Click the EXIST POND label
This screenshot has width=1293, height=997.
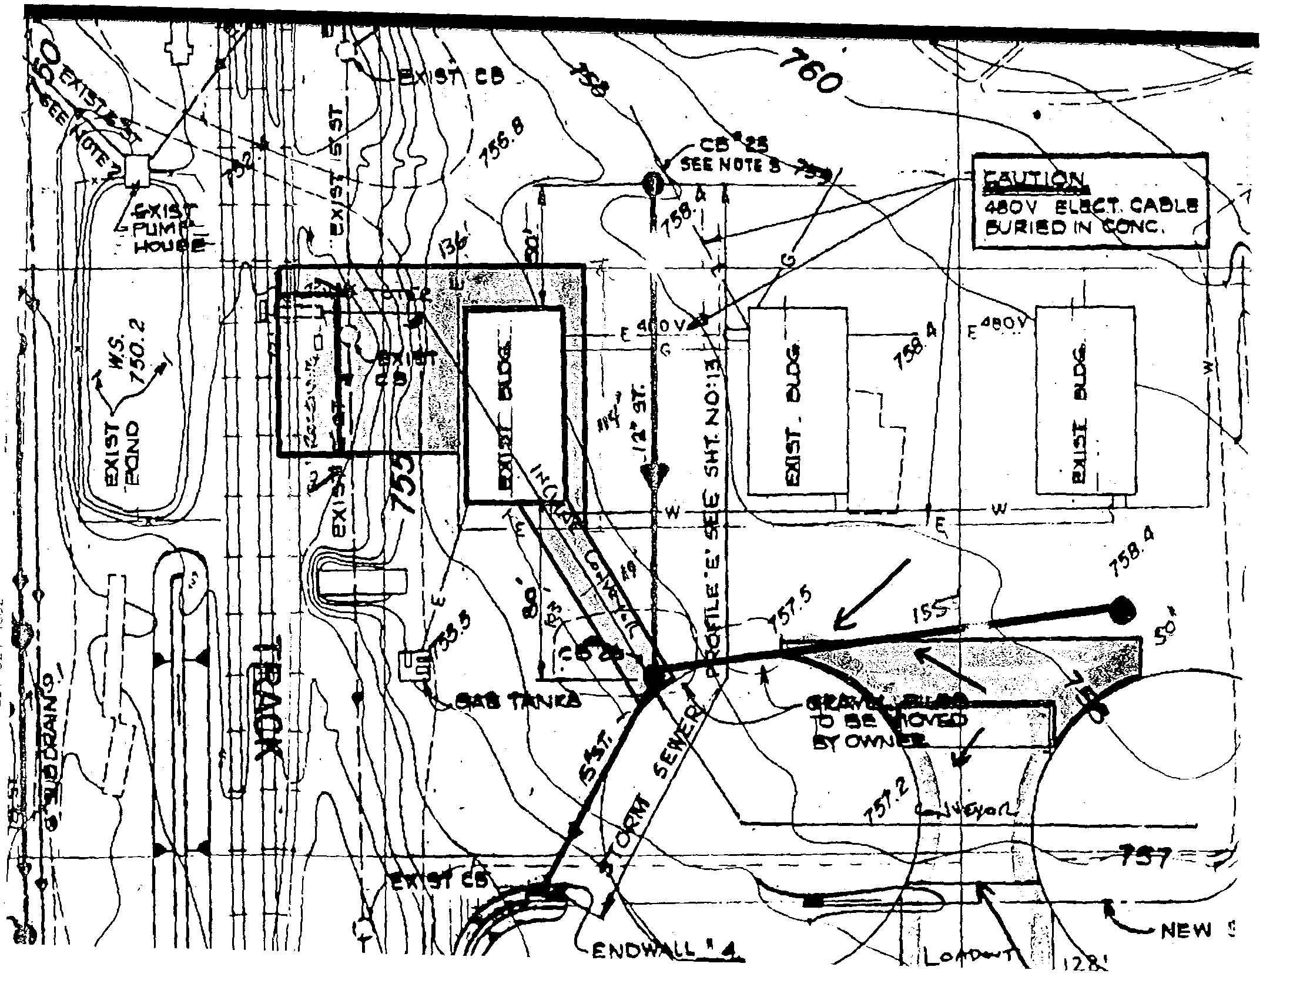pos(123,453)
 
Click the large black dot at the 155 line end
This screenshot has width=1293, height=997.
pos(1120,610)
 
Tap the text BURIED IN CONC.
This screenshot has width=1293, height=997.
pos(1072,227)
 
